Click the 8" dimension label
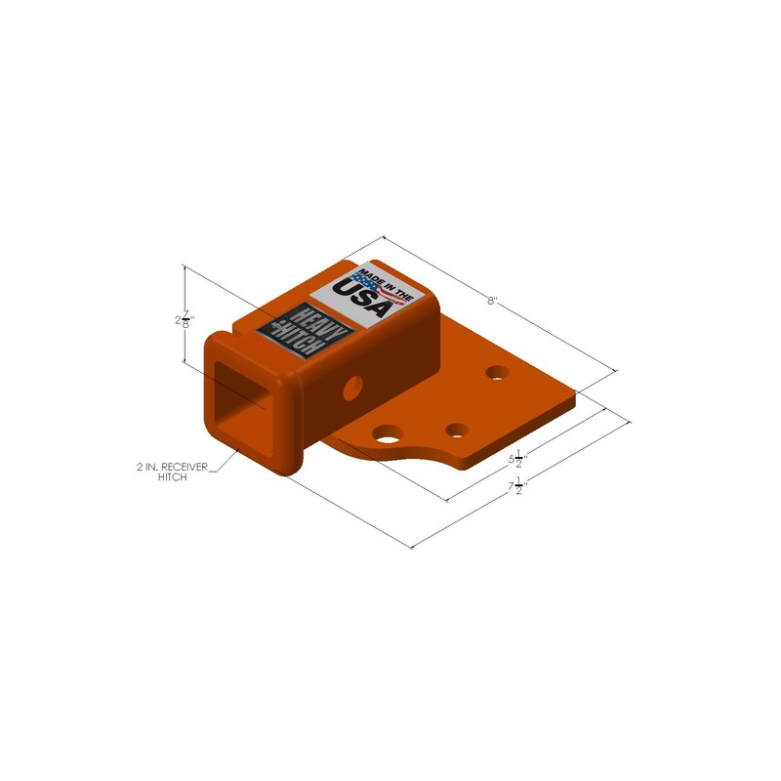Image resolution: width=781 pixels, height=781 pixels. tap(493, 302)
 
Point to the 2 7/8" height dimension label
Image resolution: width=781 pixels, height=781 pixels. tap(183, 320)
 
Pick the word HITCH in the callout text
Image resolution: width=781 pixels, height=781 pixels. tap(173, 479)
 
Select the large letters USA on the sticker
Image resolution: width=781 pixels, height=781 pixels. tap(363, 297)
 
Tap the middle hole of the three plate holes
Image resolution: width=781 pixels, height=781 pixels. tap(454, 429)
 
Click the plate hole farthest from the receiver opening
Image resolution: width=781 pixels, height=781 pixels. tap(498, 372)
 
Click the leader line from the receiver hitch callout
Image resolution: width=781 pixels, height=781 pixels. tap(223, 462)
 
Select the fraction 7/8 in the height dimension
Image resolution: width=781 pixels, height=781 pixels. tap(186, 320)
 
